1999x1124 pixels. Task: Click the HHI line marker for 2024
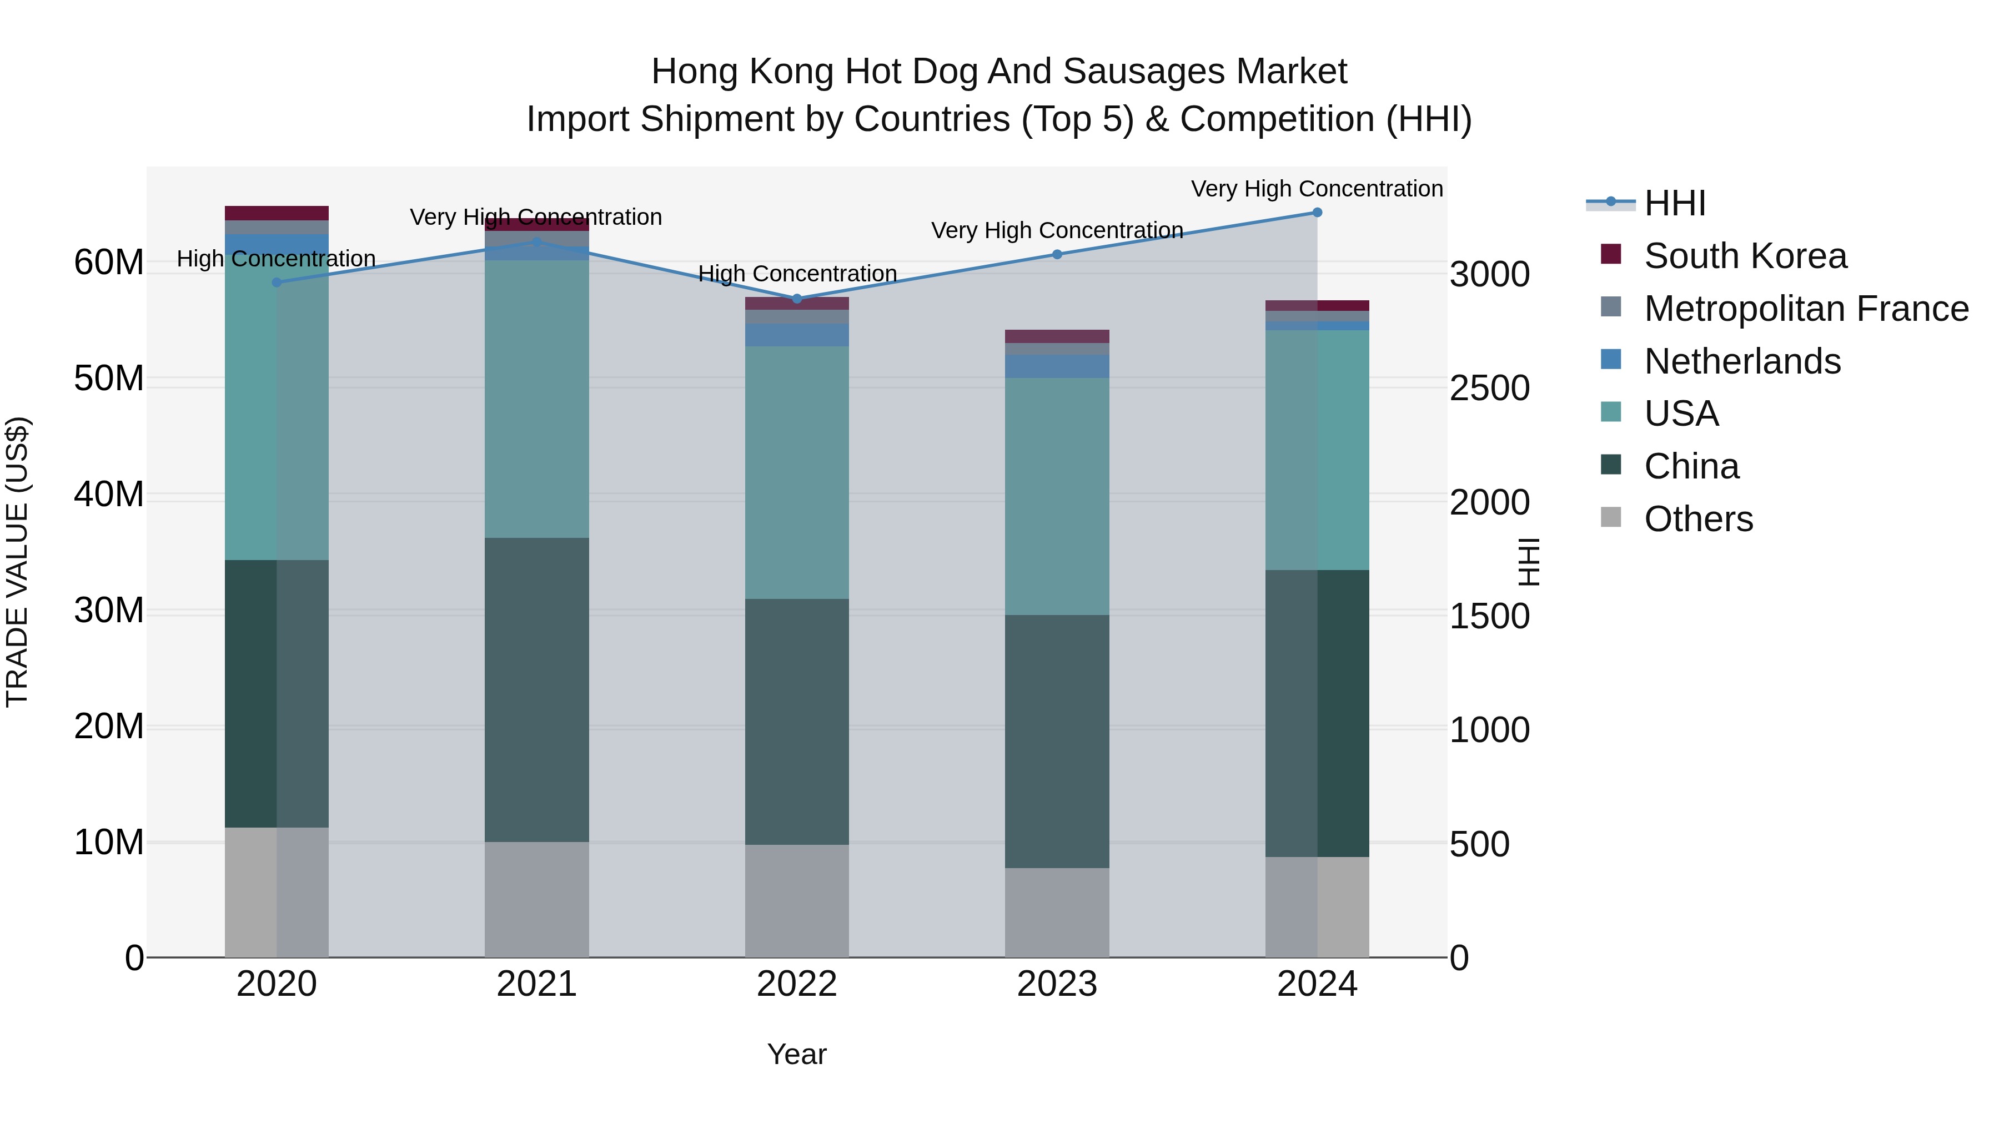(x=1317, y=213)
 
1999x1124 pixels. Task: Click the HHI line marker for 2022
(x=797, y=299)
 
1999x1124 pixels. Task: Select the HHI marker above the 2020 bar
(x=277, y=283)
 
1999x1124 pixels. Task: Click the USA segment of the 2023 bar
(x=1057, y=496)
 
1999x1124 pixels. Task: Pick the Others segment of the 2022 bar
(x=797, y=901)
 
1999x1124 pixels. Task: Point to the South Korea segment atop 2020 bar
(x=277, y=213)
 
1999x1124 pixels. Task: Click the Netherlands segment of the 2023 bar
(x=1057, y=367)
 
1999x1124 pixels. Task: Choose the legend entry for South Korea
(x=1745, y=256)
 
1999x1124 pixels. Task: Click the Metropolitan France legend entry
(x=1806, y=309)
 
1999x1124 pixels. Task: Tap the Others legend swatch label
(x=1698, y=519)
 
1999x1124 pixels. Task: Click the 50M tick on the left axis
(x=109, y=379)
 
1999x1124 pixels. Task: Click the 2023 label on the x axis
(x=1057, y=984)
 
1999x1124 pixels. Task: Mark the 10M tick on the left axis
(x=109, y=843)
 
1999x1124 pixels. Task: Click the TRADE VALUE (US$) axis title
(x=17, y=562)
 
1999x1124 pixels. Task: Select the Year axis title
(x=797, y=1054)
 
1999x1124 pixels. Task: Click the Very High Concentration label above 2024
(x=1317, y=189)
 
